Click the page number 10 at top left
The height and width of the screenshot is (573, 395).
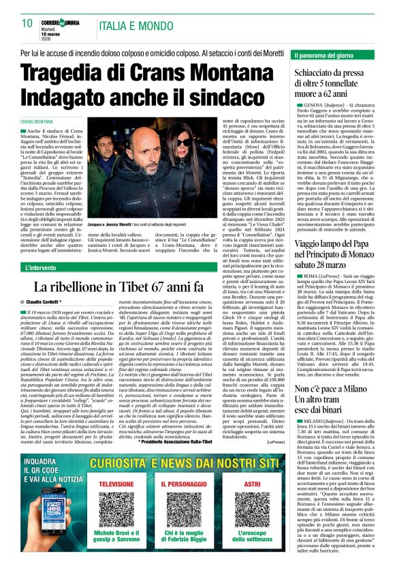[x=27, y=23]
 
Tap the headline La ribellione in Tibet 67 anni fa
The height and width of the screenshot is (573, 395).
[x=126, y=286]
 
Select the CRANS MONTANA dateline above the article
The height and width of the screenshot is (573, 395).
[x=41, y=120]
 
